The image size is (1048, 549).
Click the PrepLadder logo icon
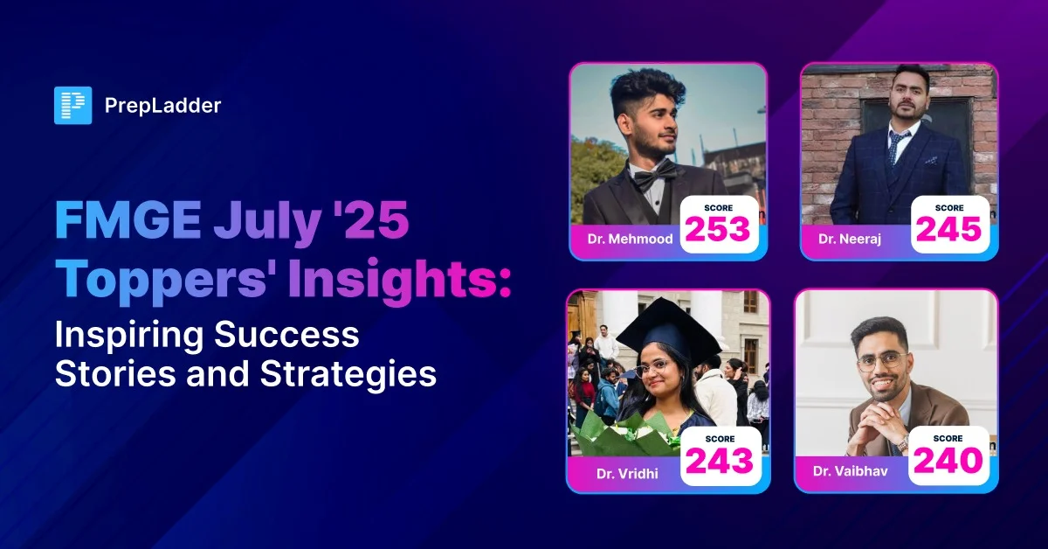point(72,106)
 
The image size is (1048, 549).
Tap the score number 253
point(717,228)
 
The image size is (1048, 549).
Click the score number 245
point(949,228)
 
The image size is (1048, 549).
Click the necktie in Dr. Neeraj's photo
point(895,148)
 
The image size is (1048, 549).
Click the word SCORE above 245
point(949,207)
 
